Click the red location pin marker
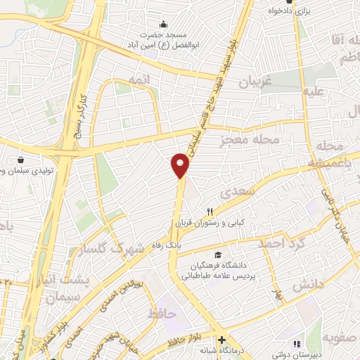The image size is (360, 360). click(181, 165)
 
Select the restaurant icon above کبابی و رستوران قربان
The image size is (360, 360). click(210, 212)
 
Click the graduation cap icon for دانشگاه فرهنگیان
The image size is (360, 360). click(218, 254)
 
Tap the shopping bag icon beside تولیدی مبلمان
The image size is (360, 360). click(21, 160)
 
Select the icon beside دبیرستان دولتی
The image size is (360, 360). click(297, 345)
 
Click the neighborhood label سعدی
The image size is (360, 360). click(236, 191)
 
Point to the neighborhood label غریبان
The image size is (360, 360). click(260, 82)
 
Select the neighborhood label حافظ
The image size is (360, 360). click(162, 314)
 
